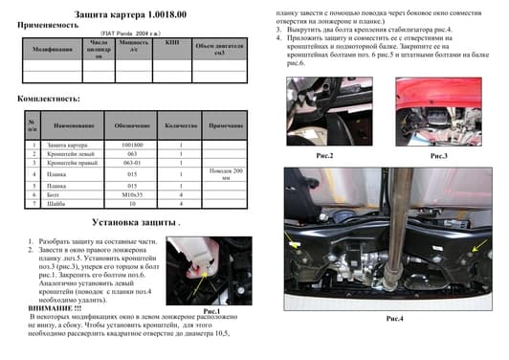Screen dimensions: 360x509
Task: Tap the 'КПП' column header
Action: (171, 43)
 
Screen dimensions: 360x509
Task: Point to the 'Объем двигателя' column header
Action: (219, 49)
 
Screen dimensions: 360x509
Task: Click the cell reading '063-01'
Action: (133, 163)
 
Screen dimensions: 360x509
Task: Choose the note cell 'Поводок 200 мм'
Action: (225, 174)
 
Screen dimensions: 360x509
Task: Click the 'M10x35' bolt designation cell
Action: (133, 194)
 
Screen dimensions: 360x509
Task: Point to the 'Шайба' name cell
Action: (59, 204)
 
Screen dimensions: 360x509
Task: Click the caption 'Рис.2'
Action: (324, 154)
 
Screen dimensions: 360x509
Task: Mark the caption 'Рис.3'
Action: (439, 154)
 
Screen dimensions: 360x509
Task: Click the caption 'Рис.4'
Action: (394, 317)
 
